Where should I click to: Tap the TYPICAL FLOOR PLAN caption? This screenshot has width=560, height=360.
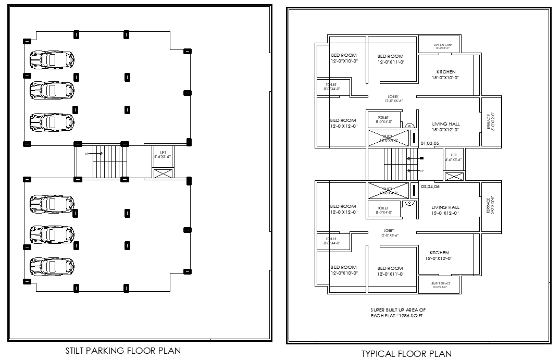(x=406, y=354)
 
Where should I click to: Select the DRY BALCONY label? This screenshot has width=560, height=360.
(x=443, y=45)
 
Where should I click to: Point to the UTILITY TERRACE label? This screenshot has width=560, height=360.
(x=441, y=284)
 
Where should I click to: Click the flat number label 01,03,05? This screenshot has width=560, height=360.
(x=430, y=143)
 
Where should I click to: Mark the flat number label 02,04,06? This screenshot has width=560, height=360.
(x=430, y=186)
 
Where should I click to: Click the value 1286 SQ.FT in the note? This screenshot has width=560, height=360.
(x=409, y=316)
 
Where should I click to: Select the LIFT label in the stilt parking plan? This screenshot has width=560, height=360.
(x=163, y=152)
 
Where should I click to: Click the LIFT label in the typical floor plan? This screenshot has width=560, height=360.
(x=454, y=155)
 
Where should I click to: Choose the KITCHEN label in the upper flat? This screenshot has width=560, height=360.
(x=445, y=72)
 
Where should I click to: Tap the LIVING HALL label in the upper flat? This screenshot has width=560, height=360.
(x=445, y=124)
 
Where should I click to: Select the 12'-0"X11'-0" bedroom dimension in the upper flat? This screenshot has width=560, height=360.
(x=391, y=63)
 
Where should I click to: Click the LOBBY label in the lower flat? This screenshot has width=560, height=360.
(x=389, y=230)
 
